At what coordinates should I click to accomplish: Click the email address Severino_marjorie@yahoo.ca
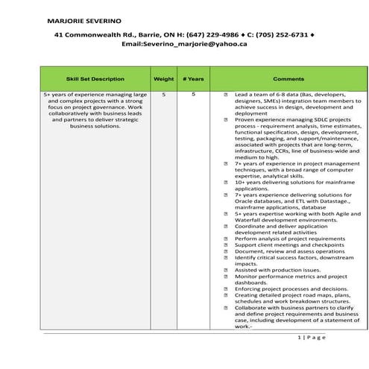184,44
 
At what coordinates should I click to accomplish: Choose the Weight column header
163,78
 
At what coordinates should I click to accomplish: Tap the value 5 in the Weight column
163,95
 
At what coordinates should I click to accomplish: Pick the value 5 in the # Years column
192,95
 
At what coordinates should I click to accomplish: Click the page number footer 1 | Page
312,338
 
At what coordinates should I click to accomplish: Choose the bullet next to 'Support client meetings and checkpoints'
226,245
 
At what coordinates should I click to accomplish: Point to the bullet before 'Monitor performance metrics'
226,278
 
